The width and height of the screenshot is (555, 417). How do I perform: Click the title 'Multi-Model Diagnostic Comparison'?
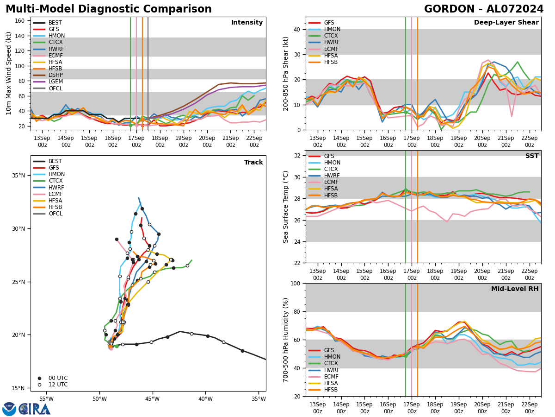(109, 9)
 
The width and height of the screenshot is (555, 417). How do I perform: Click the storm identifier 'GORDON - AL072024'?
(484, 9)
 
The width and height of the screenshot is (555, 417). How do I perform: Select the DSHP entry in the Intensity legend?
(55, 75)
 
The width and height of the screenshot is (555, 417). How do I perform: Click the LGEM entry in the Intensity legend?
(55, 82)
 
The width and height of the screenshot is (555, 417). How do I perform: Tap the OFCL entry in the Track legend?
(55, 214)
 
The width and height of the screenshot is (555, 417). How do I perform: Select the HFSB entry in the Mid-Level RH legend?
(331, 390)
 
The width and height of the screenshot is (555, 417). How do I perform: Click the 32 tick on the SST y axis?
(298, 156)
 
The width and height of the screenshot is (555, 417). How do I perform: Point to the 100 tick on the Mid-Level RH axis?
(296, 283)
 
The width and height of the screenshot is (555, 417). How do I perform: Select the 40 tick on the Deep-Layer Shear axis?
(298, 29)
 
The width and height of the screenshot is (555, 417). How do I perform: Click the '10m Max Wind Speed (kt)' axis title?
(9, 73)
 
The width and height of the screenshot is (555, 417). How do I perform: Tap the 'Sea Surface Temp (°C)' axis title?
(286, 207)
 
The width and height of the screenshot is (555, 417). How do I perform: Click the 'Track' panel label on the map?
(253, 163)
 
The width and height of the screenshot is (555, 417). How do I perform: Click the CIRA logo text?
(35, 409)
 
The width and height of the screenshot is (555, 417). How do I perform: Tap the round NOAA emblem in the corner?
(9, 409)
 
